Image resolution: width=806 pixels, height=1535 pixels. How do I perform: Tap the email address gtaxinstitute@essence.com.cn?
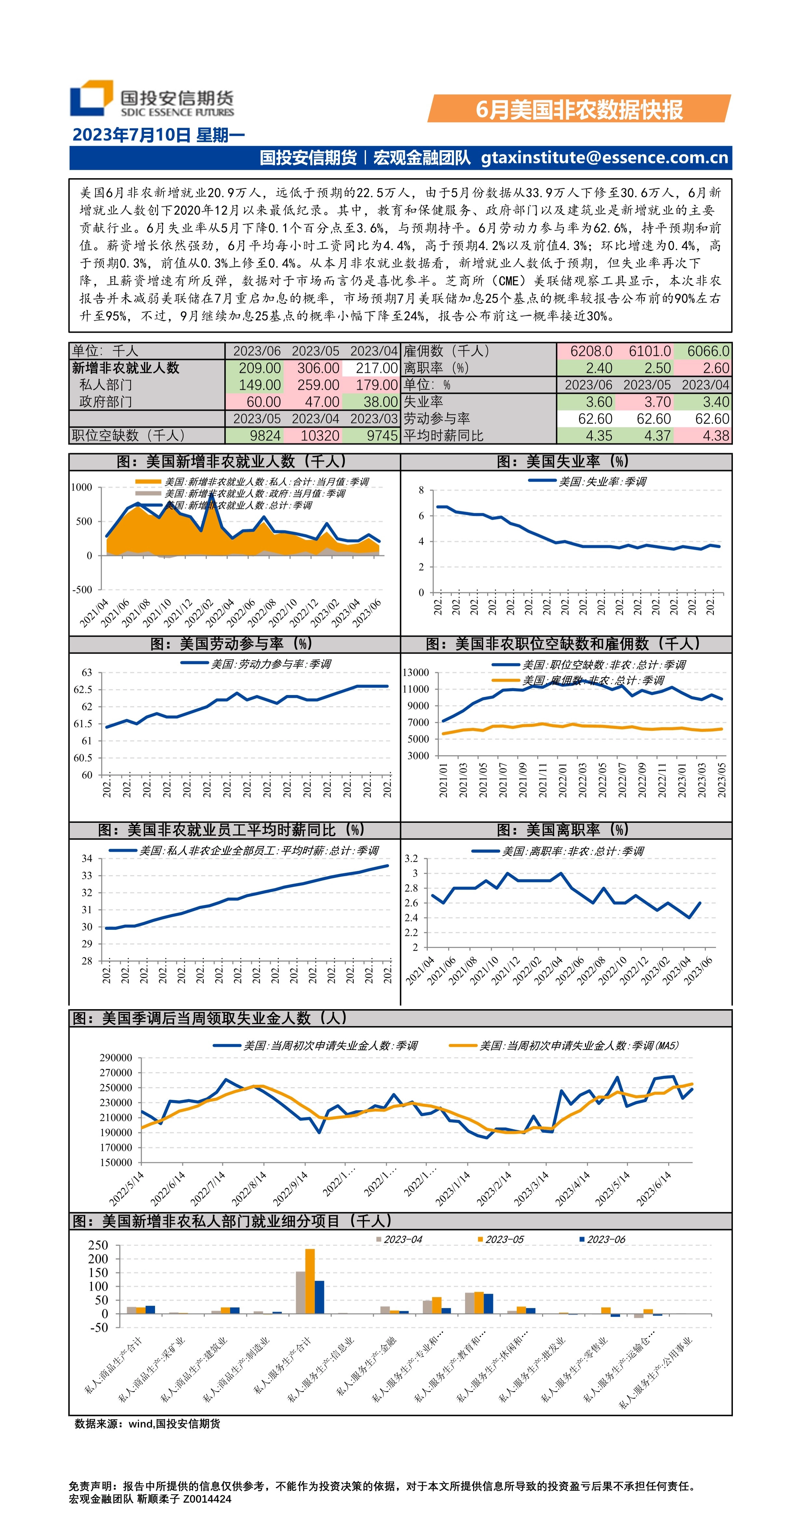coord(604,158)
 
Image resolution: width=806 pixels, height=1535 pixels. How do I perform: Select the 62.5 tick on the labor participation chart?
coord(83,689)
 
